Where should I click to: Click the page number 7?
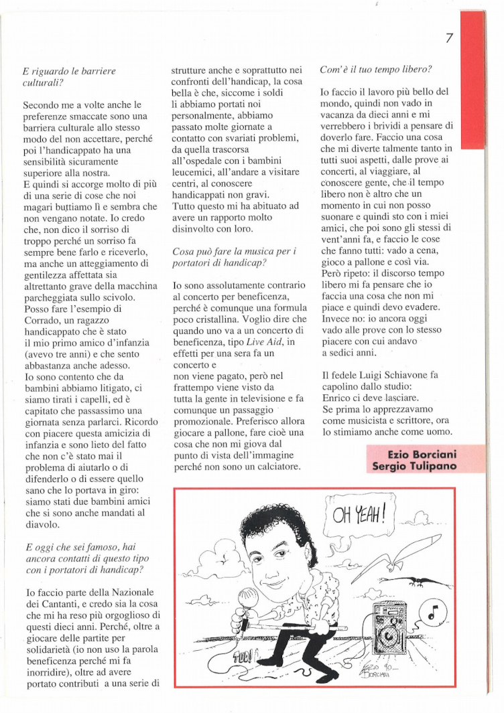click(450, 38)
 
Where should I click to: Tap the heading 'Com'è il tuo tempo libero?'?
click(375, 68)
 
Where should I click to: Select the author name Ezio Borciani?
click(423, 455)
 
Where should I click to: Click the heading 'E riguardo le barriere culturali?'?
click(69, 75)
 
